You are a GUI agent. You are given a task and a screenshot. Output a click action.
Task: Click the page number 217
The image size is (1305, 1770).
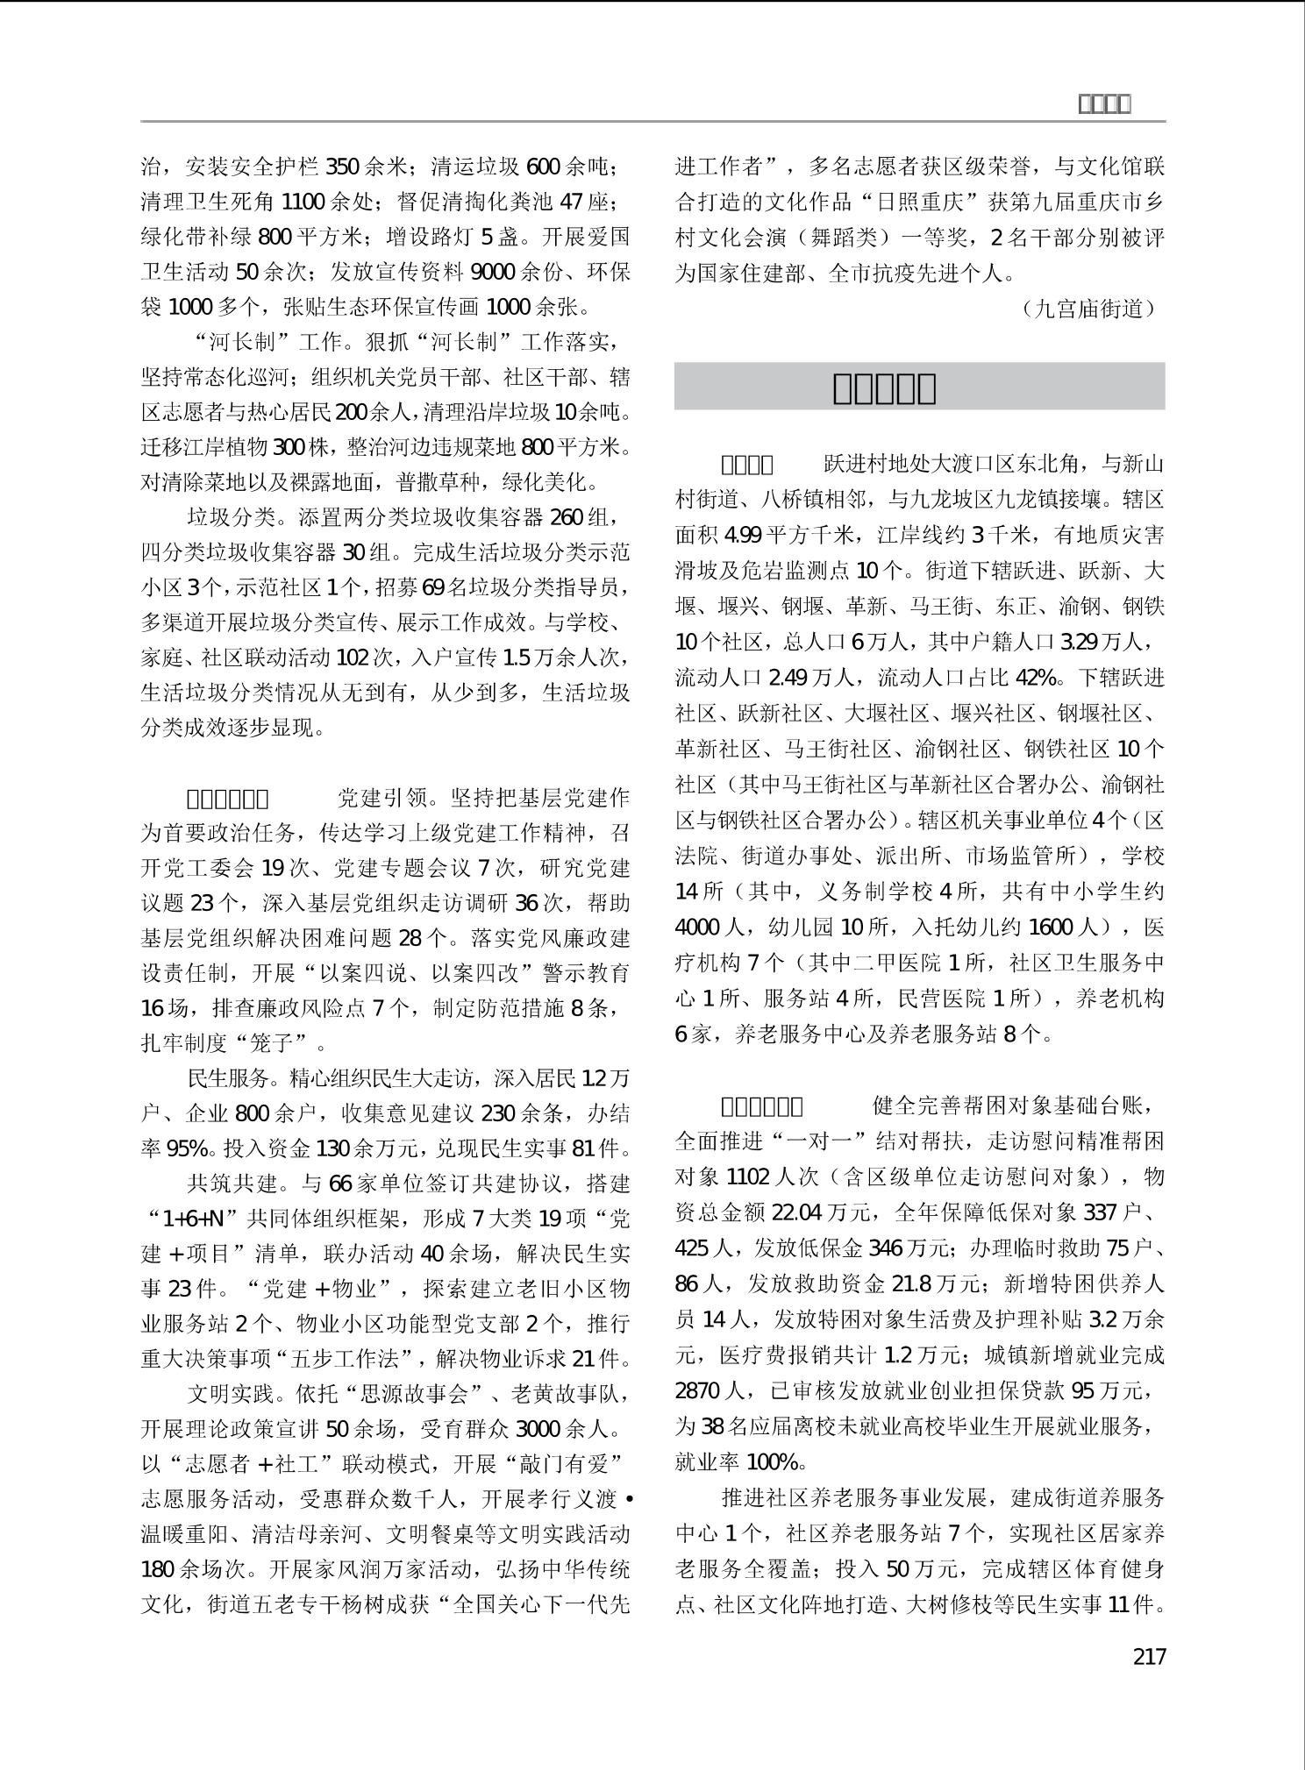[x=1149, y=1656]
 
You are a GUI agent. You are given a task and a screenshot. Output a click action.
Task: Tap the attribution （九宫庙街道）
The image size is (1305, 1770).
[x=1088, y=309]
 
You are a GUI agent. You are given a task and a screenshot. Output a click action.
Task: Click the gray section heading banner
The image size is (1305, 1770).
[x=919, y=387]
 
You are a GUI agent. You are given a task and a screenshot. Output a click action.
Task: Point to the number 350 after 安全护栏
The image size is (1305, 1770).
[x=342, y=167]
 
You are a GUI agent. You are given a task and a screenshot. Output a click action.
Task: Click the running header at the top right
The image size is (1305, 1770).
[x=1103, y=104]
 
